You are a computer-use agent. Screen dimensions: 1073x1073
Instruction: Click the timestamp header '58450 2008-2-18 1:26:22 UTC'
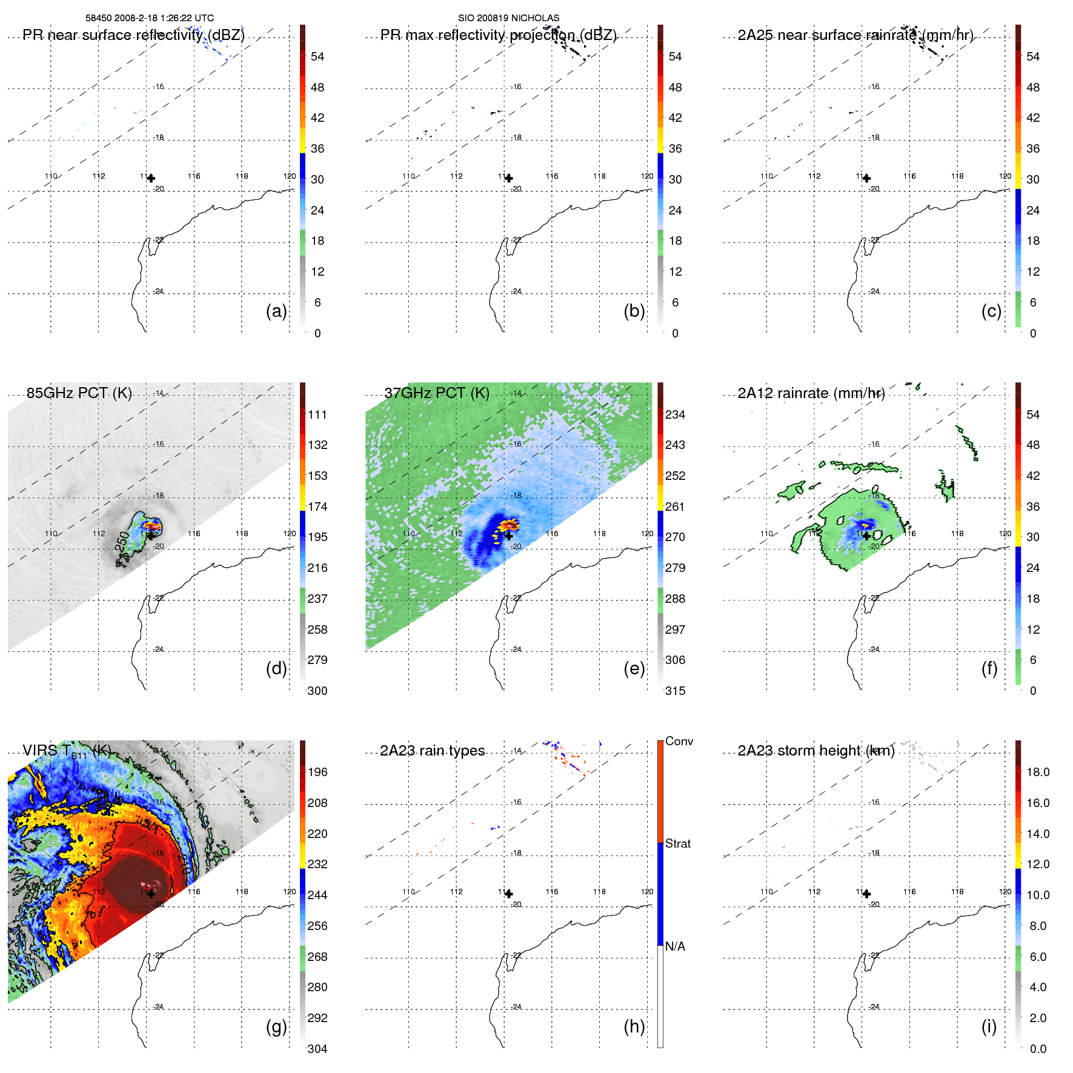pyautogui.click(x=150, y=18)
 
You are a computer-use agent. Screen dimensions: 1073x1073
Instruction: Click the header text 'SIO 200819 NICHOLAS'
pyautogui.click(x=508, y=18)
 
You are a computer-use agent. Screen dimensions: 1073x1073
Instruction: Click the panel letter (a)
pyautogui.click(x=276, y=311)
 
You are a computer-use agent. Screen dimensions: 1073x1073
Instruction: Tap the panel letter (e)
pyautogui.click(x=634, y=668)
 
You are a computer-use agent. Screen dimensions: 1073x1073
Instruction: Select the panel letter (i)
pyautogui.click(x=989, y=1026)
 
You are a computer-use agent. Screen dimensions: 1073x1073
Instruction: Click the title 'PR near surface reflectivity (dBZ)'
pyautogui.click(x=134, y=35)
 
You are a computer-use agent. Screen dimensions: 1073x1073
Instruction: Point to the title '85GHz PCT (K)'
pyautogui.click(x=79, y=393)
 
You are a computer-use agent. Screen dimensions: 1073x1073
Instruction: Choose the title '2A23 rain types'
pyautogui.click(x=433, y=751)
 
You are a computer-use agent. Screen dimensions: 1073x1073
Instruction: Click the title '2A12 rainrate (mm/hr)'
pyautogui.click(x=811, y=393)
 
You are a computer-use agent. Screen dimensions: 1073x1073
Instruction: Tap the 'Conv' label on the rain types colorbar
pyautogui.click(x=679, y=741)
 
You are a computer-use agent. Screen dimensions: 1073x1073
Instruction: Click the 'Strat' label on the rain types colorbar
pyautogui.click(x=678, y=843)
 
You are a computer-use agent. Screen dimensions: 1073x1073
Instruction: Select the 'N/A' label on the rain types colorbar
pyautogui.click(x=675, y=946)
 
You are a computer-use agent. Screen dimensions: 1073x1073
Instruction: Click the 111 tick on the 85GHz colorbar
pyautogui.click(x=317, y=414)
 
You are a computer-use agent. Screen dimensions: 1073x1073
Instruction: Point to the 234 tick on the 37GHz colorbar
pyautogui.click(x=675, y=414)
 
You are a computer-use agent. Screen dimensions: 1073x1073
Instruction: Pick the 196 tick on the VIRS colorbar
pyautogui.click(x=317, y=772)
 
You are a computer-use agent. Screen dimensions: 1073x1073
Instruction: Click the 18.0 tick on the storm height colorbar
pyautogui.click(x=1038, y=772)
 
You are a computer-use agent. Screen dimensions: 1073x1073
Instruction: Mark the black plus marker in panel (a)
pyautogui.click(x=151, y=178)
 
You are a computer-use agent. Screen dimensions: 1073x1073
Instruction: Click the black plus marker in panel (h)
pyautogui.click(x=509, y=894)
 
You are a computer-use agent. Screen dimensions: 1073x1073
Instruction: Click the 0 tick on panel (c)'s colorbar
pyautogui.click(x=1033, y=333)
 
